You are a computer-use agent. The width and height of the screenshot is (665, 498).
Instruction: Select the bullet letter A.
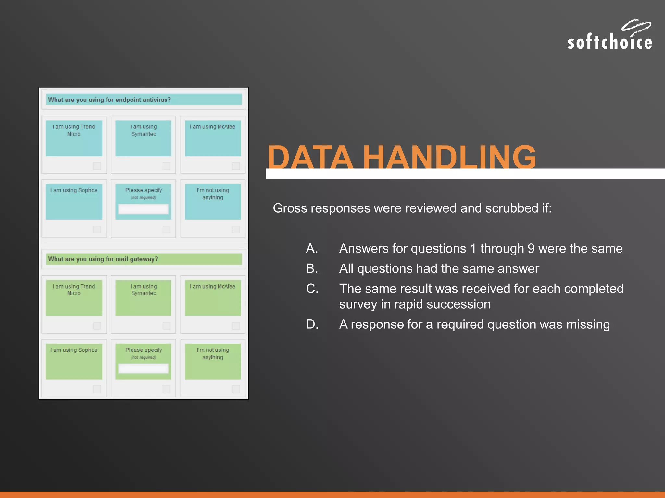pos(312,249)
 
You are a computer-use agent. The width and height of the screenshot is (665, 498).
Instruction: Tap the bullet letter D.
pos(312,325)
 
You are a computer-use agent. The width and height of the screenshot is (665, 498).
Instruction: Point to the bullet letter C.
pos(312,289)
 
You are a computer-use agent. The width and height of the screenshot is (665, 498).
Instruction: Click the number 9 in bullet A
pos(531,249)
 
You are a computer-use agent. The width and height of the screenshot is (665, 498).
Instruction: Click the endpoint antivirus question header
pos(144,100)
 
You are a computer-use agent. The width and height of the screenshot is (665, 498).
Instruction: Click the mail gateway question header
pos(144,259)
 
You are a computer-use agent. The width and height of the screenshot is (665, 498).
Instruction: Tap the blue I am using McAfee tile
pos(213,138)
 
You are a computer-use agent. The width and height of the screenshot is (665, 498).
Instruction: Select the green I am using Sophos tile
pos(74,362)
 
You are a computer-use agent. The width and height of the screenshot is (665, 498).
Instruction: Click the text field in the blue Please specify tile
pos(143,209)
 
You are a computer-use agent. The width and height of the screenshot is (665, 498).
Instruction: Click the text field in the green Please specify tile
pos(143,369)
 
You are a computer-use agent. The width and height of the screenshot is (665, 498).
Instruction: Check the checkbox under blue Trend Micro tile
pos(97,166)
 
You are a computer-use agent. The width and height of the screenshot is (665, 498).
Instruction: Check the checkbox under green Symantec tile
pos(166,326)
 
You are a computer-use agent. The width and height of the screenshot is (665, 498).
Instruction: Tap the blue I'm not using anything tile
pos(213,202)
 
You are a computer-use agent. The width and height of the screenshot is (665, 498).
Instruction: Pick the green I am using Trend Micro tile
pos(74,298)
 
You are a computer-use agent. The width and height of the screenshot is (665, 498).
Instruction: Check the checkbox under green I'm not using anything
pos(236,389)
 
